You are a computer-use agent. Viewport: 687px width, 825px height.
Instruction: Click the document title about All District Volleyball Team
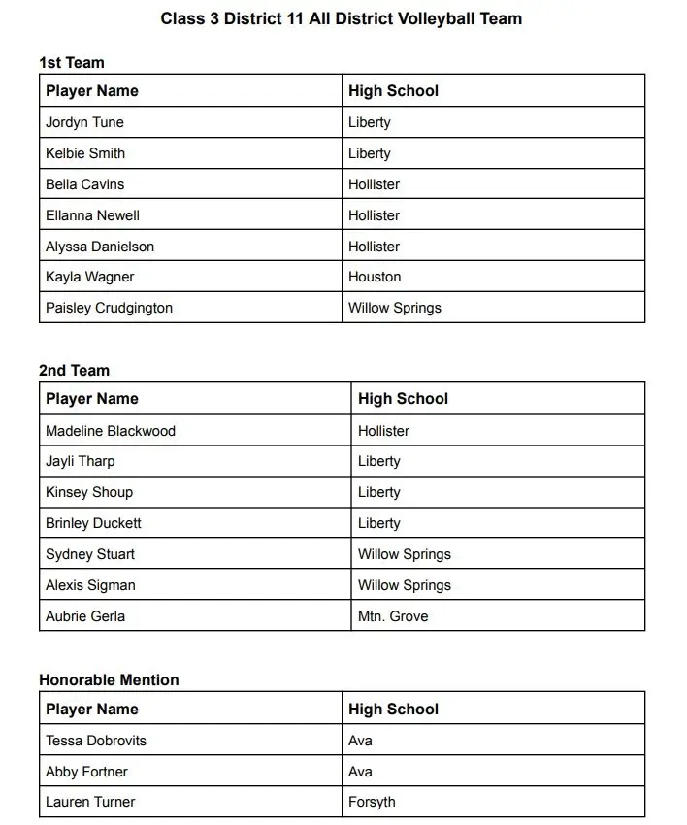342,18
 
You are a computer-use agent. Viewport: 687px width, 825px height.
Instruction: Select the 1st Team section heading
72,62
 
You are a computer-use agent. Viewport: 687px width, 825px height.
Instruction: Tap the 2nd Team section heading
75,370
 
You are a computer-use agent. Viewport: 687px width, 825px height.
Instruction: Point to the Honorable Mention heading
109,679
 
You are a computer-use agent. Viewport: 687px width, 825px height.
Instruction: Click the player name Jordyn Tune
84,122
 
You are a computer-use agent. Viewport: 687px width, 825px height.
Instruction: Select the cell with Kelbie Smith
85,153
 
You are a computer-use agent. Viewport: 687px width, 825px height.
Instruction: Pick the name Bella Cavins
85,184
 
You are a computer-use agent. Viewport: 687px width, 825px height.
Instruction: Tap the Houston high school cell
375,277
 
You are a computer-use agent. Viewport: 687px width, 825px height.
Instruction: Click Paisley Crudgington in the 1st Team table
109,308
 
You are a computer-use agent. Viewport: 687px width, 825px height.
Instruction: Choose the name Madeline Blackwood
111,431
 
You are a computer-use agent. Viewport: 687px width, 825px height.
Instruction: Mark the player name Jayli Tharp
81,461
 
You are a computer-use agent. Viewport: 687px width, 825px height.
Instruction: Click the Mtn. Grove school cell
393,616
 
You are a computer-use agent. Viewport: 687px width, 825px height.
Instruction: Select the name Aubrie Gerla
85,616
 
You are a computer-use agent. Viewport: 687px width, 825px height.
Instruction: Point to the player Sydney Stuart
90,554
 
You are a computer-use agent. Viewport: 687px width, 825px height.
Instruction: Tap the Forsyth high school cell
372,802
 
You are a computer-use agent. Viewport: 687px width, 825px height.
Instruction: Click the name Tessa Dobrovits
96,741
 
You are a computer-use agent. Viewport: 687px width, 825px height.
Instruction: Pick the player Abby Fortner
86,772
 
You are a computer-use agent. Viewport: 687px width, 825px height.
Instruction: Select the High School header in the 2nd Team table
403,399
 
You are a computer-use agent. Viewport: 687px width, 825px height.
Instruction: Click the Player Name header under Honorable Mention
92,709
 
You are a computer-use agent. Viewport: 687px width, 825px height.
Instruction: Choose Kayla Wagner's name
90,277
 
